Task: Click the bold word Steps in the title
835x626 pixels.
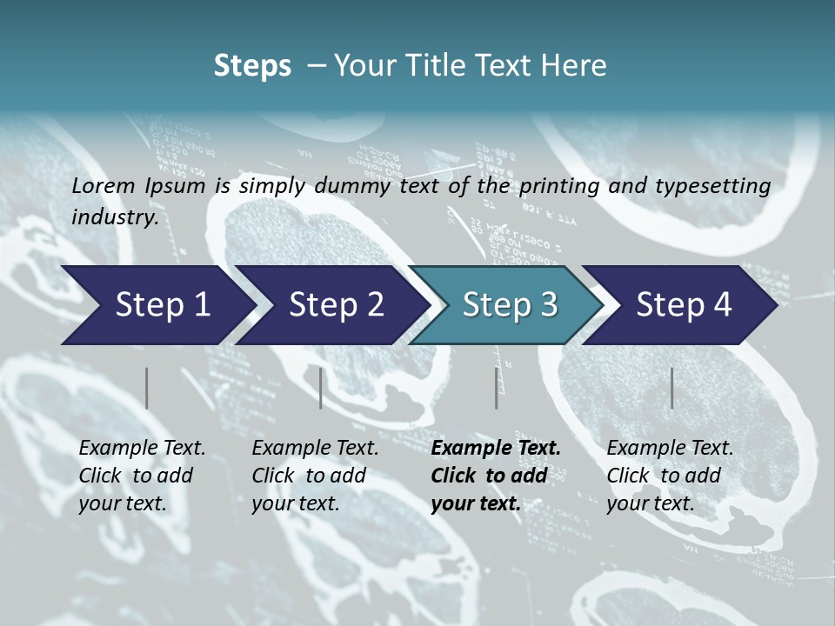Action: click(252, 66)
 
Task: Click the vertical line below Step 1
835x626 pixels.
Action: click(147, 388)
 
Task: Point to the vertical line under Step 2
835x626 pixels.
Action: click(321, 388)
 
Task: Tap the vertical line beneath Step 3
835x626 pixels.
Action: click(497, 388)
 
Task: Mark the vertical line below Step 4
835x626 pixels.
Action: click(672, 388)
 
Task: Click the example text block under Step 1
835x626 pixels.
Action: click(142, 476)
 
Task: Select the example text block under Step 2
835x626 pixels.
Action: click(315, 476)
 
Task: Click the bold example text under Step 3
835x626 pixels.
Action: click(496, 476)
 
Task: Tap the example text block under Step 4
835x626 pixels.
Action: click(670, 476)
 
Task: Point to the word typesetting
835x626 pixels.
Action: click(718, 186)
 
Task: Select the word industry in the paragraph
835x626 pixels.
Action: click(115, 217)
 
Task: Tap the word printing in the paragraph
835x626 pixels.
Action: click(557, 186)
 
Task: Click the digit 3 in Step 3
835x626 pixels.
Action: click(548, 305)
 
